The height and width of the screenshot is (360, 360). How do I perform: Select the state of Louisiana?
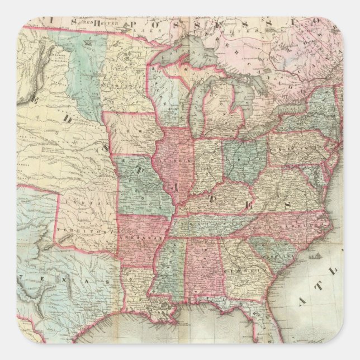pos(137,285)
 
